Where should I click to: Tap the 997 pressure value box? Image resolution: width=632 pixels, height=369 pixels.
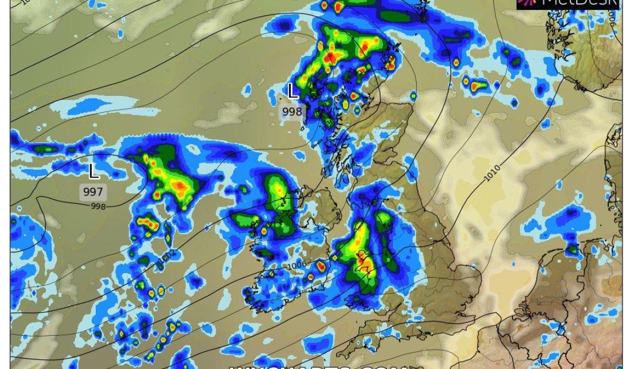pos(93,191)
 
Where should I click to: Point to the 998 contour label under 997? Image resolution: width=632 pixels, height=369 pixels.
pos(98,206)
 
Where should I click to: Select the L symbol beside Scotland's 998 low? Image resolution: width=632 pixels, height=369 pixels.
pos(293,92)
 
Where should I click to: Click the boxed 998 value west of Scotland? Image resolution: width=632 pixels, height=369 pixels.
pos(292,112)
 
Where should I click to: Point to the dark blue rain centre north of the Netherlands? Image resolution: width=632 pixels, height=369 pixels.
pos(571,215)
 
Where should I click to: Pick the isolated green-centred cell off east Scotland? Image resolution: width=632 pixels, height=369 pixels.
pos(413,96)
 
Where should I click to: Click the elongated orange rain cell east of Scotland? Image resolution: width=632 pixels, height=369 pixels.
pos(478,86)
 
